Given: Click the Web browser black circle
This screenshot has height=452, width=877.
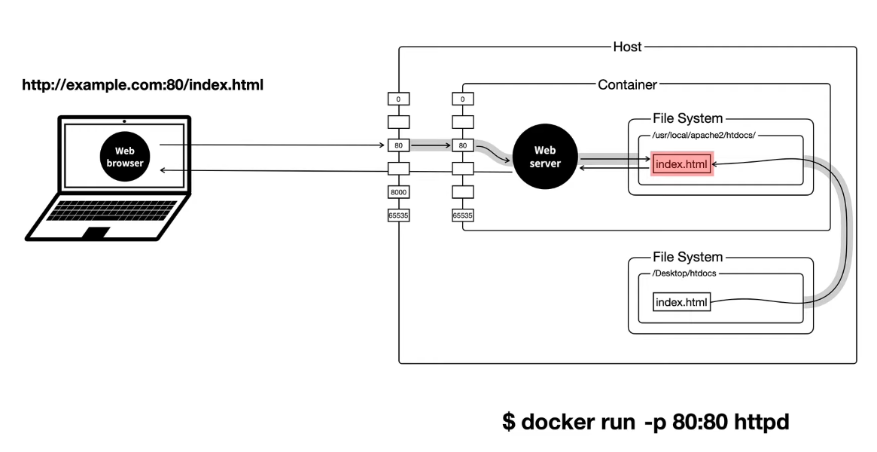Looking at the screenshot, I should point(124,157).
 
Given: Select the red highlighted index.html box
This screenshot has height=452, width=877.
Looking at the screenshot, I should point(682,163).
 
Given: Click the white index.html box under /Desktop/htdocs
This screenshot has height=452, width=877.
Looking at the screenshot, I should point(682,303).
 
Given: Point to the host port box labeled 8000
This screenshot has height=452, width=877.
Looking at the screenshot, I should point(398,192).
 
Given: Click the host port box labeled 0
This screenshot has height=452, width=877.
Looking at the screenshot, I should point(398,99).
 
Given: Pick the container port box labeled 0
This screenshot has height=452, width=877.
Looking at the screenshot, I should point(463,99).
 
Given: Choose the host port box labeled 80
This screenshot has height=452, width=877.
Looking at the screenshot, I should point(398,145).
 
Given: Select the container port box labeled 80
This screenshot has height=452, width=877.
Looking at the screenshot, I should point(463,145).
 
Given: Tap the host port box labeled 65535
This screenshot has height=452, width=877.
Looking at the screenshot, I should point(398,215).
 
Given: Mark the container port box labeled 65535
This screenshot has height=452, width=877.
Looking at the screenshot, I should point(463,215).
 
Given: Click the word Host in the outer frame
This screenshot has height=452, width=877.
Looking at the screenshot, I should point(628,47).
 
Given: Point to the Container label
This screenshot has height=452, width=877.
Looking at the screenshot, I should point(627,84).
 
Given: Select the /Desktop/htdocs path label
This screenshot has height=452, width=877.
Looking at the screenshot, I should point(684,275).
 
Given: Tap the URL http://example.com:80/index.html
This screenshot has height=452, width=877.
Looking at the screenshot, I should point(143,85).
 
